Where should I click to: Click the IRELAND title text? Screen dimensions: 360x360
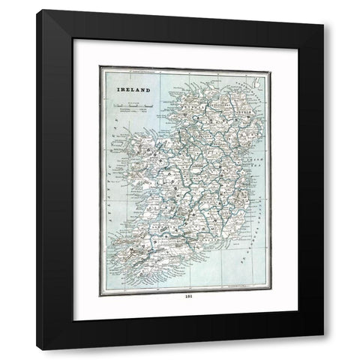pyautogui.click(x=132, y=88)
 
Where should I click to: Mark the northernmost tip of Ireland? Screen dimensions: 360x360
pyautogui.click(x=196, y=74)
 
